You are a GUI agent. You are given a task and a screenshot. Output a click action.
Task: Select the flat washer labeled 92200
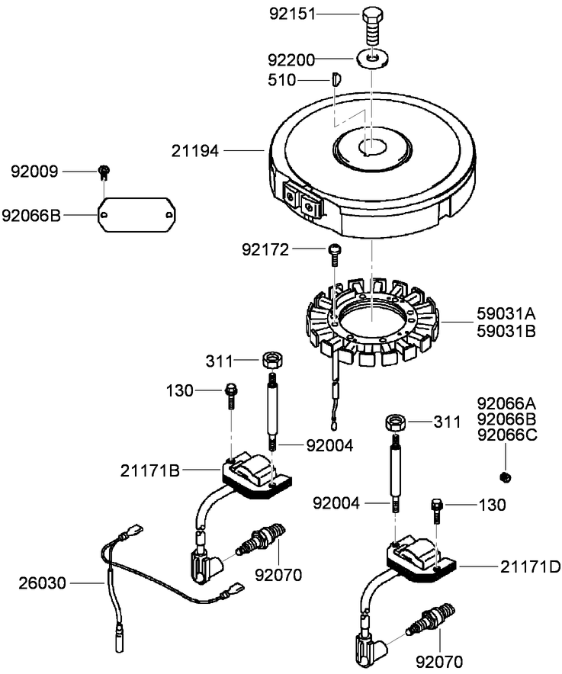[371, 58]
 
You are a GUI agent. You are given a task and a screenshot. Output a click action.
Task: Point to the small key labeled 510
[335, 78]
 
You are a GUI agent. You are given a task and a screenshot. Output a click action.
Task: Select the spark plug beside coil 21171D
[431, 618]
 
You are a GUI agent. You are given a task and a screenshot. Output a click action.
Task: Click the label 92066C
[506, 435]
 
